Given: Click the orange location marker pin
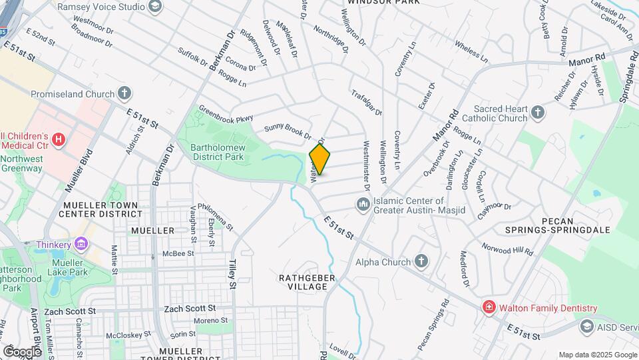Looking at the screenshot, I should point(319,159).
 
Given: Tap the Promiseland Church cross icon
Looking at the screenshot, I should point(124,94).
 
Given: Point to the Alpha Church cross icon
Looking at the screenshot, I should point(421,261).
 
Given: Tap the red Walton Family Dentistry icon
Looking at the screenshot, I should point(489,307).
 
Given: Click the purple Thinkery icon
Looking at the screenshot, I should point(82,245).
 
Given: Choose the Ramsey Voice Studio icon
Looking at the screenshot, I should point(155,7).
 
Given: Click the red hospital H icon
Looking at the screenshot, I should point(59,140).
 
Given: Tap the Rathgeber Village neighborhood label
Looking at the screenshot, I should point(303,281).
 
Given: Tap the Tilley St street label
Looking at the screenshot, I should point(233,275).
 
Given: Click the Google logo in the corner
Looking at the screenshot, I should point(22,351).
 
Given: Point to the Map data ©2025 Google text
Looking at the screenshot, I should point(597,355).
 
